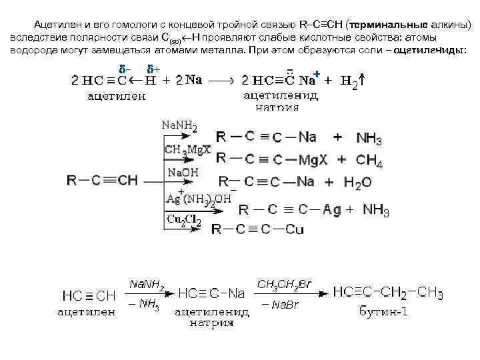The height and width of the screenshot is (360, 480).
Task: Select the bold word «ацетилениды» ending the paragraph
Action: tap(431, 51)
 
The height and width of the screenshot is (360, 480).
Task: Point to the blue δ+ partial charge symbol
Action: tap(153, 69)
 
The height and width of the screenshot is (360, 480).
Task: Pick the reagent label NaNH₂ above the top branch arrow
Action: tap(179, 125)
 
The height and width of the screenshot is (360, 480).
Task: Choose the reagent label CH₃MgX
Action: tap(187, 149)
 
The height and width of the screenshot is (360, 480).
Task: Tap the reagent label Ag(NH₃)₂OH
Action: tap(199, 198)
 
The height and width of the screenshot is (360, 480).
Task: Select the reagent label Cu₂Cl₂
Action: tap(183, 221)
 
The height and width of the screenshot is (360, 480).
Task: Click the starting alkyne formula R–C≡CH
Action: tap(103, 180)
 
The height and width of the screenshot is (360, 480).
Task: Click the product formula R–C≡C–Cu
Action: tap(257, 229)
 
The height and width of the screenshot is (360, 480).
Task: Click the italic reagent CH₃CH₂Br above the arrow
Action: tap(284, 284)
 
